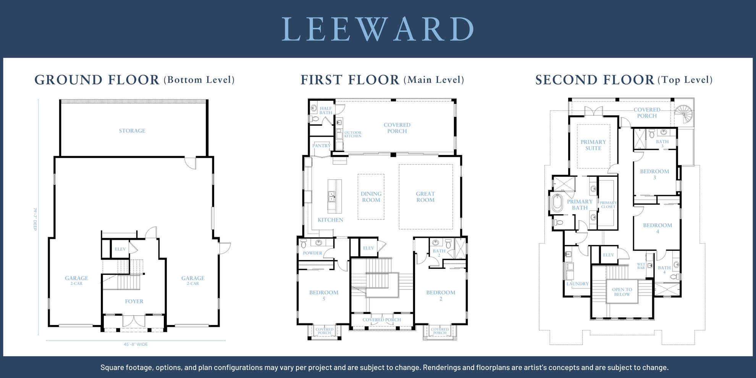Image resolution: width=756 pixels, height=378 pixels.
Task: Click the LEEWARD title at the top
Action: (378, 29)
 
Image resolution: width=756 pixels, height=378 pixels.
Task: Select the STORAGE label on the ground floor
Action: (132, 131)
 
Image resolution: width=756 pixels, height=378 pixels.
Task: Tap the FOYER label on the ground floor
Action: (134, 302)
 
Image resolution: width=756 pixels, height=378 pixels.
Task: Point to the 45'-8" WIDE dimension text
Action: (136, 344)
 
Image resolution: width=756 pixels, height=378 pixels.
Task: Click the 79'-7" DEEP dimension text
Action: (35, 219)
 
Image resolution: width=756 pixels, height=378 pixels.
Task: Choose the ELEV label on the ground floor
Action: (120, 249)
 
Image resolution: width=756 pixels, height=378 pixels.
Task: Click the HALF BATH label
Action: (326, 111)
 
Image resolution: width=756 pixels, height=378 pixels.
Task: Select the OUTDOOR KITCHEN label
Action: (353, 134)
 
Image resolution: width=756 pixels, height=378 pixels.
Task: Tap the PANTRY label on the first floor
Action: (321, 146)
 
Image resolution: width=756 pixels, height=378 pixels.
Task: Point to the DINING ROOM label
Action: (371, 197)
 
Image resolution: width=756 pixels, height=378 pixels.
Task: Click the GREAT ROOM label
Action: (425, 197)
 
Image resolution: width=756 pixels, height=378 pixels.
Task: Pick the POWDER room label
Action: (312, 253)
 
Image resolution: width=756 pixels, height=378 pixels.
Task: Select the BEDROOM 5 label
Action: (324, 296)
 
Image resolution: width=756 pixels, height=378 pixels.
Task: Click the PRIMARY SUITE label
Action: (593, 145)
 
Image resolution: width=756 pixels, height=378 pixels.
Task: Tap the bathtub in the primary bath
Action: (557, 203)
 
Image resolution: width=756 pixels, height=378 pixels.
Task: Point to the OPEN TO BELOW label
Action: (622, 292)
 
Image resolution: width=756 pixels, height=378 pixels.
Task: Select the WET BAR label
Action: (641, 266)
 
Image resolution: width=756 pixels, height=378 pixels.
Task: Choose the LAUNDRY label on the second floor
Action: (577, 284)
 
